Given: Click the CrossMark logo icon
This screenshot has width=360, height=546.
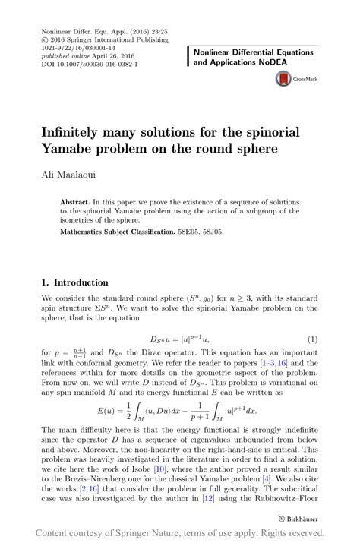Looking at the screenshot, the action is [282, 78].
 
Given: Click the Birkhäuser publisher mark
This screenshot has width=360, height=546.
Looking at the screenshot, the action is [297, 518].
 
